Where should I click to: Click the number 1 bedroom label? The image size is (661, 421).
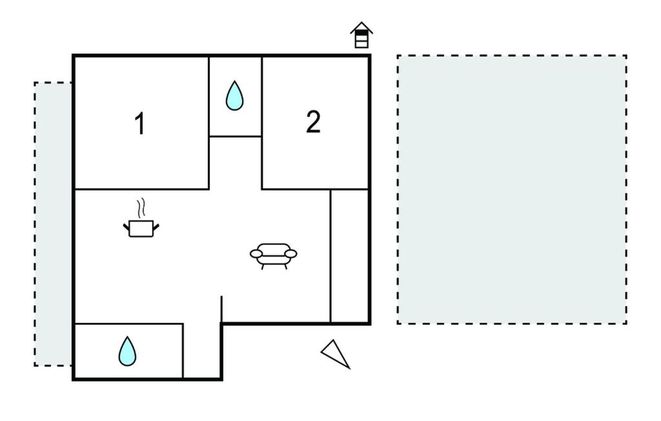coord(140,123)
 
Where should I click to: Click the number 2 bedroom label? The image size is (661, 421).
coord(313,122)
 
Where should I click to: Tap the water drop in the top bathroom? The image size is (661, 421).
coord(234,96)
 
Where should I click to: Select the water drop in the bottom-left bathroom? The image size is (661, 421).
coord(127,351)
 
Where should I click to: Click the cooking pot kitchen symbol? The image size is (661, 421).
coord(141,228)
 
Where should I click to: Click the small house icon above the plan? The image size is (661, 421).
coord(361,35)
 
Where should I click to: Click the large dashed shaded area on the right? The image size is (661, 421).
coord(512,189)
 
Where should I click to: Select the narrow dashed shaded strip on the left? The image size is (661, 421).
coord(54,224)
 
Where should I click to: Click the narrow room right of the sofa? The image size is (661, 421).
coord(349,256)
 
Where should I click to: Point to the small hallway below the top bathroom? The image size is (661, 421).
coord(235,163)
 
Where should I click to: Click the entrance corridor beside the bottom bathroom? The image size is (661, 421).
coord(202,351)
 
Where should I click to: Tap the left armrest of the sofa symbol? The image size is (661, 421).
coord(256,254)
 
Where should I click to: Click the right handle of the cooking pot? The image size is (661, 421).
coord(156,228)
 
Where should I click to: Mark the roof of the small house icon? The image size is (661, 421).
coord(361,28)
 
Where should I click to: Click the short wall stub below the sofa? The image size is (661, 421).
coord(222,309)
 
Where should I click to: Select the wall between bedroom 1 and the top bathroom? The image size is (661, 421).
coord(209,123)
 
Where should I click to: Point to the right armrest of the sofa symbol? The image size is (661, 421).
coord(291,254)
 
